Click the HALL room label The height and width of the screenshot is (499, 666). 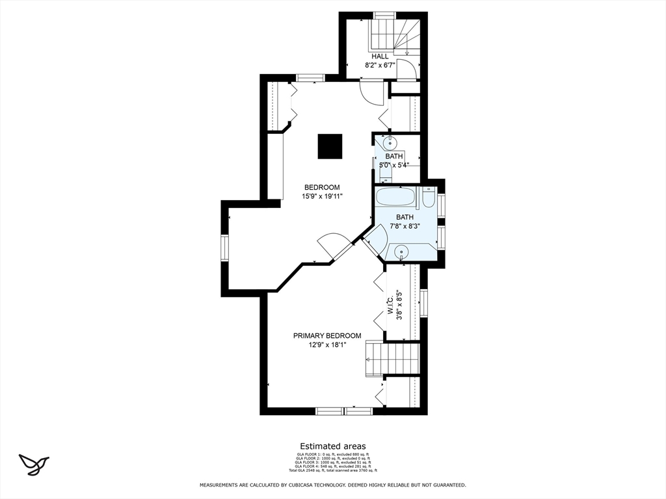380,57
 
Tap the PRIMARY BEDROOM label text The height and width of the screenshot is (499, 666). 326,336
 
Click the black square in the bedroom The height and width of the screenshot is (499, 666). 330,146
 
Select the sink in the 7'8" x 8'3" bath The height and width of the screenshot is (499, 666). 401,251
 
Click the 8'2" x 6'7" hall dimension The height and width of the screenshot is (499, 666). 380,66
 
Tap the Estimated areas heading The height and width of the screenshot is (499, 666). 332,446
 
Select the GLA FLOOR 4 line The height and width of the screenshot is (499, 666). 332,466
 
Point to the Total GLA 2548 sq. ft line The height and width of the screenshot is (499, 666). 332,470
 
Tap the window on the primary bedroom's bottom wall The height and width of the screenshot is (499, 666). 344,411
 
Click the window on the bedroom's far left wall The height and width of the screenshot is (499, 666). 225,248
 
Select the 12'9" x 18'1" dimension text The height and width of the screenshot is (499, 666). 327,345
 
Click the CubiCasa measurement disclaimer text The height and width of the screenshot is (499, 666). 332,485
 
